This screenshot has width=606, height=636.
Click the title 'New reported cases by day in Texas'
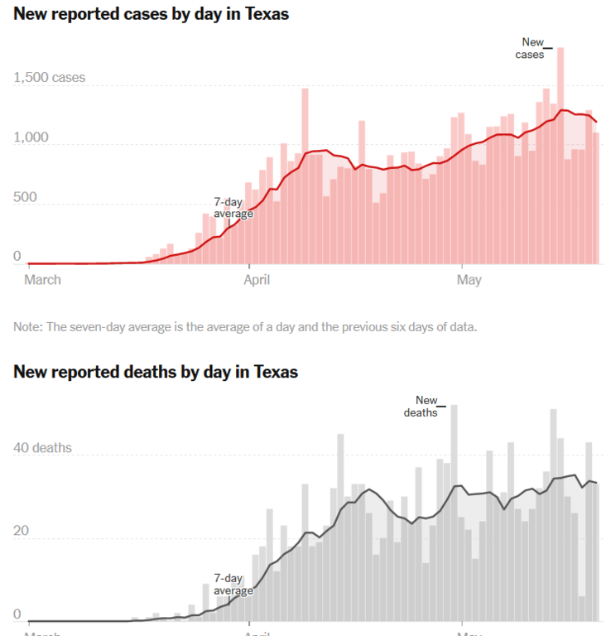[x=151, y=15]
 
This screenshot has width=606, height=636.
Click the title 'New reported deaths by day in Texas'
[x=156, y=372]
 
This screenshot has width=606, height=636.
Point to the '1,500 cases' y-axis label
[x=49, y=79]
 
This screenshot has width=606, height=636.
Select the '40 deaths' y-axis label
[x=43, y=448]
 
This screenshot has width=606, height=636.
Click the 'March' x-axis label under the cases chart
[x=42, y=280]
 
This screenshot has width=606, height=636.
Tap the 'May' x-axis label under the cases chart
[x=469, y=280]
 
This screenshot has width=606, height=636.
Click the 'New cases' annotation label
[x=532, y=48]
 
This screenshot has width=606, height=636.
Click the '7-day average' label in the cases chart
[x=233, y=207]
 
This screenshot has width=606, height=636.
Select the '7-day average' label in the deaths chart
[x=233, y=584]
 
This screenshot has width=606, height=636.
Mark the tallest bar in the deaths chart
[x=454, y=513]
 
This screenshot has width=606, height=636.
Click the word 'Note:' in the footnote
[x=27, y=326]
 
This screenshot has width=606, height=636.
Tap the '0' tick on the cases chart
[x=17, y=258]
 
